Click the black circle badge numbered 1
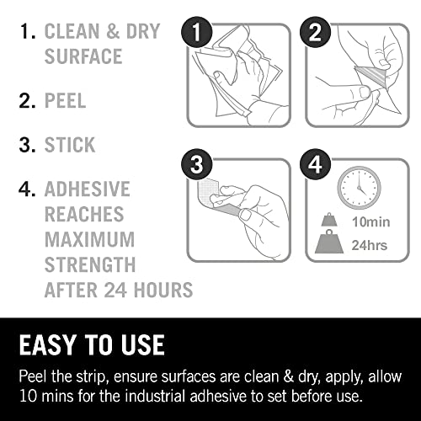[197, 32]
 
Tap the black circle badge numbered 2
[315, 32]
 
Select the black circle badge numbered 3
[197, 164]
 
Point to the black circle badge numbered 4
[315, 164]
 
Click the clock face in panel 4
[360, 188]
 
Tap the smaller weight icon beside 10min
[329, 220]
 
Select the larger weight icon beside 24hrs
[329, 242]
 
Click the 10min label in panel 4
[370, 222]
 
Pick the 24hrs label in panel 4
[370, 245]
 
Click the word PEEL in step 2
[65, 100]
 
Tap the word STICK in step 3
[70, 145]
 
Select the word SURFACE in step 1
[83, 56]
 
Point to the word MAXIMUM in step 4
[89, 239]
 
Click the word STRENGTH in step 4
[90, 264]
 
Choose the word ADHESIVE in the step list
[88, 189]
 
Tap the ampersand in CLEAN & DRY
[113, 31]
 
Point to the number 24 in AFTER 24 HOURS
[115, 290]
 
